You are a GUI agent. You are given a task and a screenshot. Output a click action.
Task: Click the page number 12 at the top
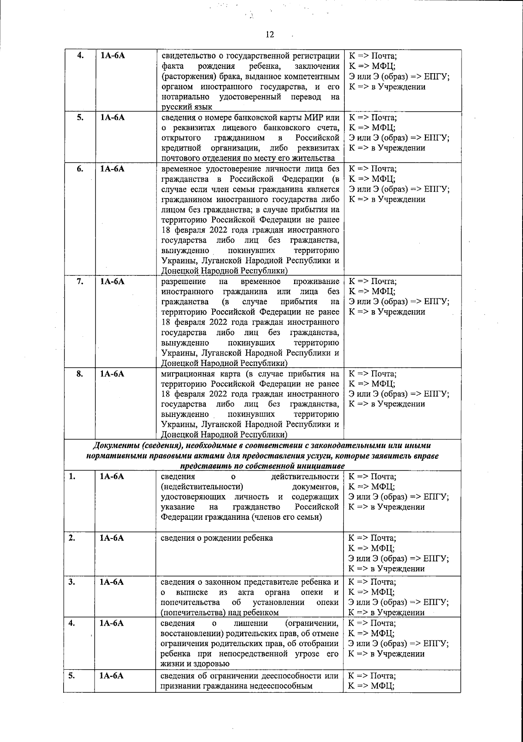[270, 35]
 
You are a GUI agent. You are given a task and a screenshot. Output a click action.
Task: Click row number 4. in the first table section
[80, 56]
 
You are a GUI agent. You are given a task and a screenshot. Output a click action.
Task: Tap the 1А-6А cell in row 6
[112, 169]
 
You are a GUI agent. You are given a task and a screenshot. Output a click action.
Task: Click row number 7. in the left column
[80, 281]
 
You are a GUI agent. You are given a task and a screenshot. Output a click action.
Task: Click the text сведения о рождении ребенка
[217, 538]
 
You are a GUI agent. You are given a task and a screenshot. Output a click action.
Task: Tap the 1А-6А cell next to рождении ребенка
[112, 538]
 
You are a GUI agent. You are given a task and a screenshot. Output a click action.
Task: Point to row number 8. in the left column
[80, 374]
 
